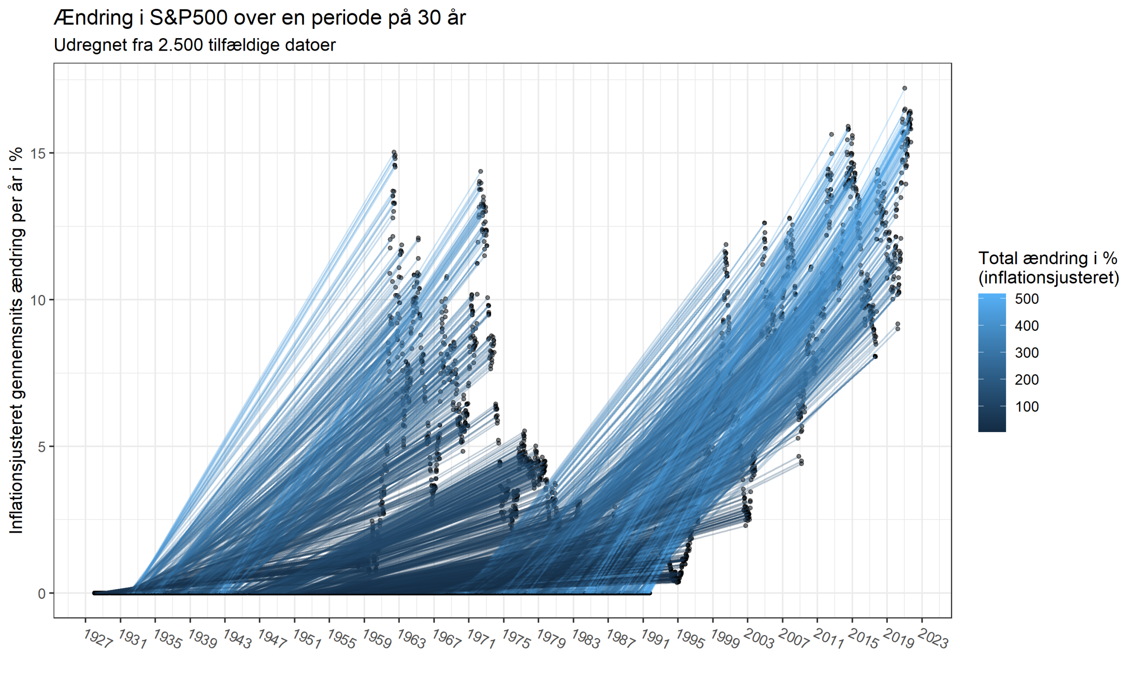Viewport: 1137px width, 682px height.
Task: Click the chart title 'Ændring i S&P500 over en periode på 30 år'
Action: pos(260,18)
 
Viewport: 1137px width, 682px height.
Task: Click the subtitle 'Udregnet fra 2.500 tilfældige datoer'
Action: pos(195,45)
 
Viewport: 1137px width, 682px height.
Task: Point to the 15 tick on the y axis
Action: pos(39,153)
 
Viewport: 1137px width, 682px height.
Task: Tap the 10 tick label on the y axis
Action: pos(39,300)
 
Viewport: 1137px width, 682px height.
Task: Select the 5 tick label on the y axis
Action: pos(42,446)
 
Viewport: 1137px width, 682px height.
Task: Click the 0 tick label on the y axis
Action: pos(42,593)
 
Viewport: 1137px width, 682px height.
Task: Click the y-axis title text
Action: pos(16,340)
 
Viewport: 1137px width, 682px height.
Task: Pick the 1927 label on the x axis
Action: pos(98,639)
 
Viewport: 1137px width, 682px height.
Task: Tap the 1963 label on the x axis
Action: pos(411,639)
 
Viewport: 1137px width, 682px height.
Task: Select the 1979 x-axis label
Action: pos(551,639)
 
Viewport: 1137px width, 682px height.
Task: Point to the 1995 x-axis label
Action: pos(690,639)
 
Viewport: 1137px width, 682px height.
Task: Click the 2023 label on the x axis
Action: pos(934,639)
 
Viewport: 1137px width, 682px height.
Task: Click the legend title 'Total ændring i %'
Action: pos(1047,258)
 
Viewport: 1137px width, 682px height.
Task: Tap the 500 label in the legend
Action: pos(1027,299)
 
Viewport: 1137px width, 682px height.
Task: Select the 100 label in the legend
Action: pos(1027,407)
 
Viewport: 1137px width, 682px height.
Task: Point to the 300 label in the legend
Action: pos(1027,353)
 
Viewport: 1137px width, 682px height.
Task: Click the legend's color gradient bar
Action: pos(992,363)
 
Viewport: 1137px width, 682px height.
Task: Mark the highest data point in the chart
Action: pos(904,88)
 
